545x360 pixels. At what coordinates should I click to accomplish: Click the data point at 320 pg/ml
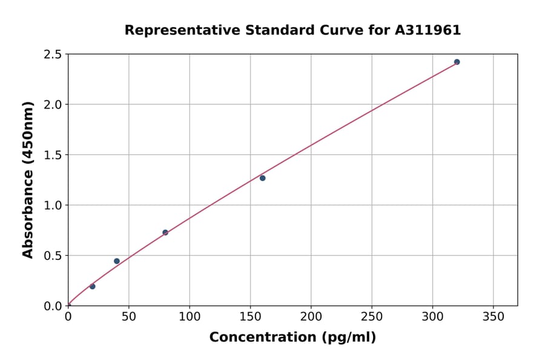click(457, 62)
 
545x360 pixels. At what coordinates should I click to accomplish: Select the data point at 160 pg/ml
click(262, 178)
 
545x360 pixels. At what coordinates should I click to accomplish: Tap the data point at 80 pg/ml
click(165, 232)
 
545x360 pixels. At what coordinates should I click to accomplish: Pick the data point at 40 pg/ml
click(117, 261)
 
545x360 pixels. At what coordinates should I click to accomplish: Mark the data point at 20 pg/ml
click(92, 286)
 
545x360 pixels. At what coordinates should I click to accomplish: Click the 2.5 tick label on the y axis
click(53, 55)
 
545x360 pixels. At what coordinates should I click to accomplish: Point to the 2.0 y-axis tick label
click(53, 105)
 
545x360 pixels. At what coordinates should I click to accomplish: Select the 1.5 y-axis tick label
click(53, 155)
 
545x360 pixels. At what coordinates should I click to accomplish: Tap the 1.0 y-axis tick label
click(53, 205)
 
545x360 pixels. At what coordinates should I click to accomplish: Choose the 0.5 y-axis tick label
click(53, 256)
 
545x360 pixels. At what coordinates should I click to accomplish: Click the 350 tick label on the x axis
click(493, 316)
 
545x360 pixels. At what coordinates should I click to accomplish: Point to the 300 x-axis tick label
click(432, 316)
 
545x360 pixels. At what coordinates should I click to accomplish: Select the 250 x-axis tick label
click(371, 316)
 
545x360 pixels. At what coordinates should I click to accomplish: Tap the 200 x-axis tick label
click(311, 316)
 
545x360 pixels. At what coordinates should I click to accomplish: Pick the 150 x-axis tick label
click(250, 316)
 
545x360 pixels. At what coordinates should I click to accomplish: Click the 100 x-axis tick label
click(190, 316)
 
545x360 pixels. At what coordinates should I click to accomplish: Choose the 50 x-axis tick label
click(128, 316)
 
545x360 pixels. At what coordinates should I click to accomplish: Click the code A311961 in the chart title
click(428, 30)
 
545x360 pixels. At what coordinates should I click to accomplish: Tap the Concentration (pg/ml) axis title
click(292, 338)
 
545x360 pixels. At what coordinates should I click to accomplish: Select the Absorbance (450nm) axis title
click(28, 179)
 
